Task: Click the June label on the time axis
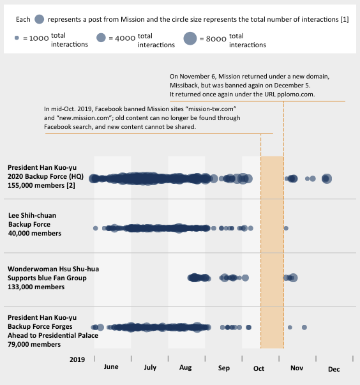(110, 368)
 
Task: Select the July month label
(150, 368)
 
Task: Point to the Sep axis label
(223, 368)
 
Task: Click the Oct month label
(259, 369)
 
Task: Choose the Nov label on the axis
(297, 369)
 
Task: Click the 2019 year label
(77, 359)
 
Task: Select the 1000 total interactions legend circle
(17, 38)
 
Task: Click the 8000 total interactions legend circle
(190, 39)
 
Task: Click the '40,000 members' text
(34, 233)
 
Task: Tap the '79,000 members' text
(34, 344)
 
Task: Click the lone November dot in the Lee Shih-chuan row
(286, 228)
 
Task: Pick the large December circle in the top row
(327, 178)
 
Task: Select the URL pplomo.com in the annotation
(299, 94)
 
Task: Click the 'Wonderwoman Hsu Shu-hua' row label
(53, 269)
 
